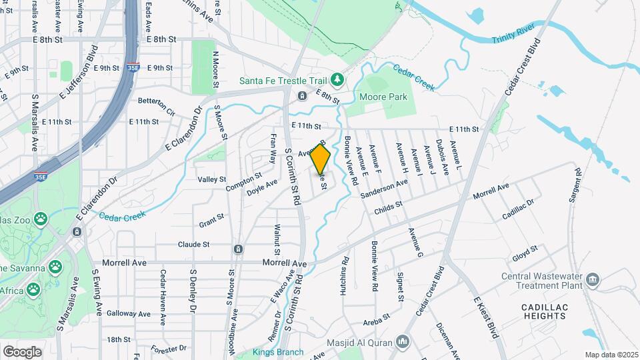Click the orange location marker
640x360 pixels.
click(321, 160)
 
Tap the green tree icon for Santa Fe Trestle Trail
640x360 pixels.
click(338, 80)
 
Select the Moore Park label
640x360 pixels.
click(383, 97)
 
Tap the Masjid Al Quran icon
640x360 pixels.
click(401, 343)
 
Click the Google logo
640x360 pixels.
click(22, 351)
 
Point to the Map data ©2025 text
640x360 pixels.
click(611, 355)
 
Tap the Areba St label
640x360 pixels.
click(376, 322)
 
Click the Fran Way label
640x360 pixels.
click(273, 147)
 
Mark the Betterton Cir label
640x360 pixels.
click(156, 101)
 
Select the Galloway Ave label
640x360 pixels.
click(129, 313)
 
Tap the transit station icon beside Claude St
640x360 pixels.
click(238, 249)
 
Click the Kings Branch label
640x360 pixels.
click(278, 352)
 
